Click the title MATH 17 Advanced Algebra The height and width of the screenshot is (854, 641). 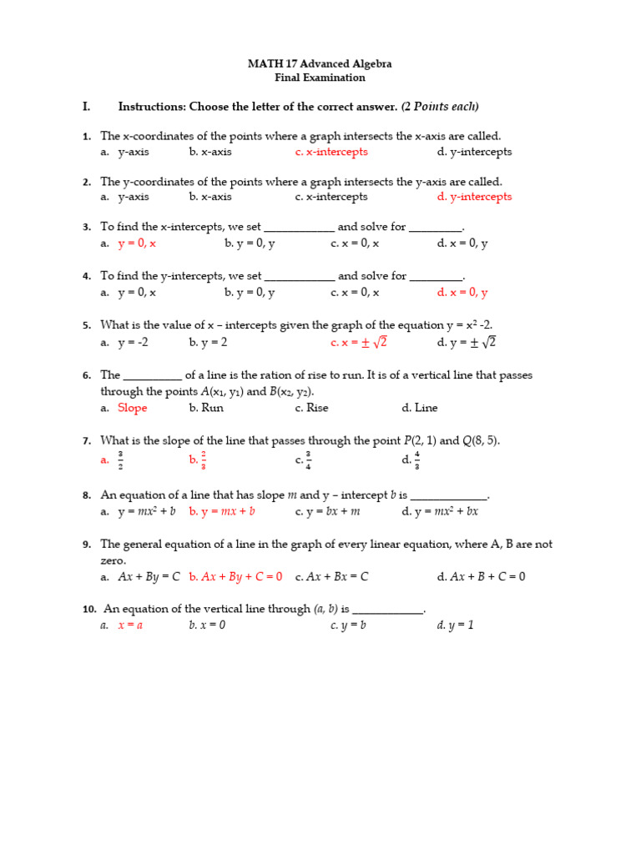[x=320, y=63]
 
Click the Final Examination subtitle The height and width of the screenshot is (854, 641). [x=320, y=78]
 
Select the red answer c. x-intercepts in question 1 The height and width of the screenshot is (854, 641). [x=331, y=152]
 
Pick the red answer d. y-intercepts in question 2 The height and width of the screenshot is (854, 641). [x=474, y=197]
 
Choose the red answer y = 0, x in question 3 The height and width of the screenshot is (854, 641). [x=137, y=243]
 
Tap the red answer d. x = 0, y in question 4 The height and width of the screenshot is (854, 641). [x=462, y=293]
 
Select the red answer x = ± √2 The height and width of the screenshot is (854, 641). [x=359, y=343]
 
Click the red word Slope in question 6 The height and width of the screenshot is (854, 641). [x=132, y=408]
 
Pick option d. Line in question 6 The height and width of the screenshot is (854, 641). [x=419, y=408]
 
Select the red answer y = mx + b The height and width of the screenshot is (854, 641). [x=222, y=511]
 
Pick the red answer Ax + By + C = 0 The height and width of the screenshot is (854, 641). [x=235, y=576]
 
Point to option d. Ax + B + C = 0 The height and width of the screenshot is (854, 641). [x=481, y=576]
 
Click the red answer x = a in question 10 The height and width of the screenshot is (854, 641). [x=130, y=625]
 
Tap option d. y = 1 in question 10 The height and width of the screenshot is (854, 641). [x=455, y=625]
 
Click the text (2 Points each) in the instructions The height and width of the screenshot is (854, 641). [x=440, y=107]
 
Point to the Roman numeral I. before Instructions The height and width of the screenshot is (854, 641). [x=86, y=107]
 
